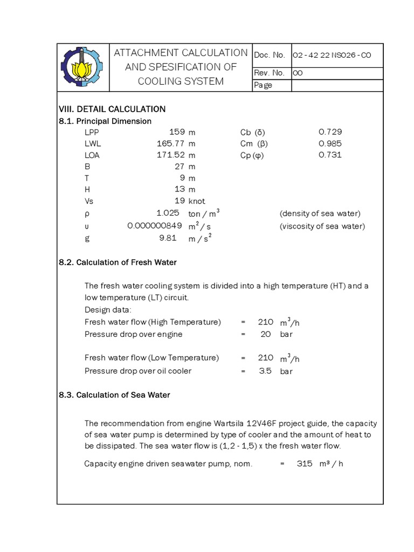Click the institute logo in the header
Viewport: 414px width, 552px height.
tap(82, 67)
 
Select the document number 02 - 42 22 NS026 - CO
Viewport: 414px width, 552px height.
tap(332, 55)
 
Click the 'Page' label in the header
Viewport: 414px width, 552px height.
tap(264, 85)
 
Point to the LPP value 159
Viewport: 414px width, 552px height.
tap(177, 132)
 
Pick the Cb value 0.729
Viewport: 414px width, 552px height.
tap(330, 132)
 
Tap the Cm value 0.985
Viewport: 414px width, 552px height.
tap(330, 143)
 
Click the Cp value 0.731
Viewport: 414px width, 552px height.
tap(330, 155)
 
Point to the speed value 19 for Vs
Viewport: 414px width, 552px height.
tap(180, 201)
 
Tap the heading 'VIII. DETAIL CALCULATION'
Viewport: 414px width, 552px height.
tap(112, 109)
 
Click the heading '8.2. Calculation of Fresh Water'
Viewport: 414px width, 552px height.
tap(118, 263)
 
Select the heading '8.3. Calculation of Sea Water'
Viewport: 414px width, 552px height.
tap(114, 395)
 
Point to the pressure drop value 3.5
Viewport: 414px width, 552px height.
tap(265, 371)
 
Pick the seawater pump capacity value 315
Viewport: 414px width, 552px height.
tap(305, 464)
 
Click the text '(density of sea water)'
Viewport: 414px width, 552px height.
tap(320, 213)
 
